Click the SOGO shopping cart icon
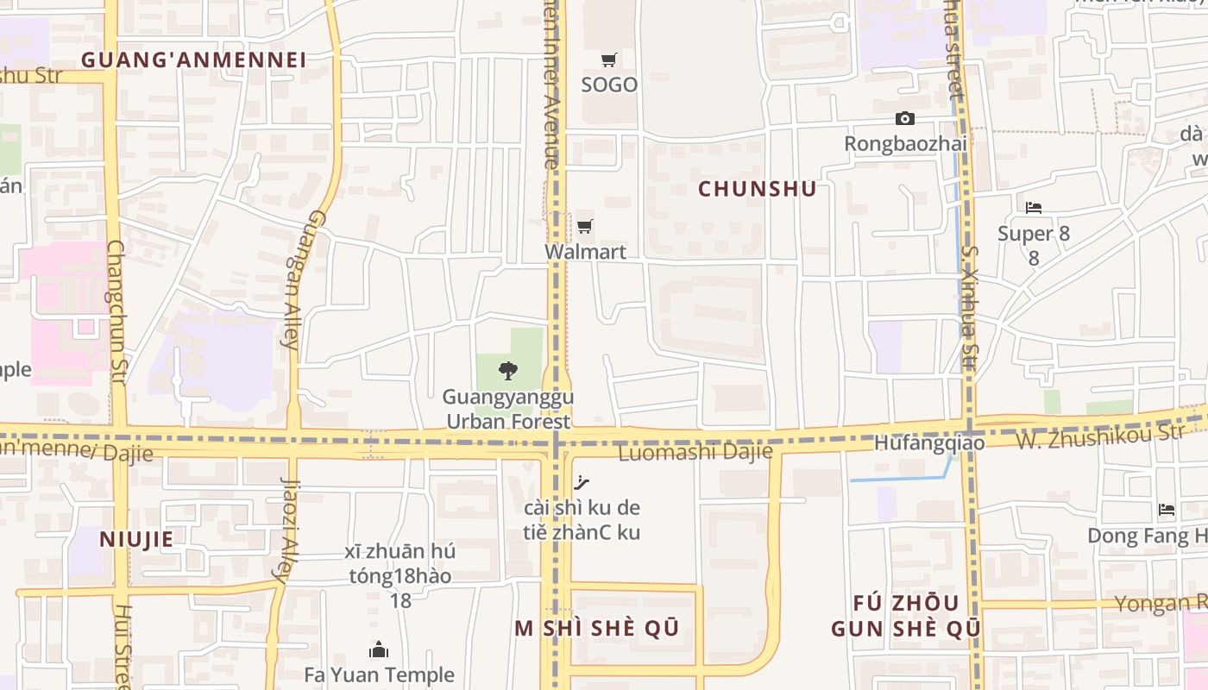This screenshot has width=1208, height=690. [609, 60]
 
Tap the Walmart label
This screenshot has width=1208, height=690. [585, 252]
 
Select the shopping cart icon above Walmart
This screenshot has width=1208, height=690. [585, 227]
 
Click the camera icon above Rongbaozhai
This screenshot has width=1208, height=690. [904, 118]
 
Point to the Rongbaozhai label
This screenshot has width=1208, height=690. [904, 143]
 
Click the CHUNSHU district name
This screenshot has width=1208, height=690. [757, 189]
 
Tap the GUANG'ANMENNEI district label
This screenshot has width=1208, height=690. [193, 60]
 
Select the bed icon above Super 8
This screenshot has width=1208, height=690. [1033, 208]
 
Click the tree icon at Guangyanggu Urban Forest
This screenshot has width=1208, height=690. [508, 371]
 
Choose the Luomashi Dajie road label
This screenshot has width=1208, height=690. [695, 453]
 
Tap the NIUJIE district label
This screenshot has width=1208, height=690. [136, 540]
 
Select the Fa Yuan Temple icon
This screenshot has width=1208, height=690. [378, 649]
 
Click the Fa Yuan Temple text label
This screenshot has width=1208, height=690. [379, 674]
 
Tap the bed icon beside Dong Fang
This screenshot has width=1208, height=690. [1167, 510]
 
